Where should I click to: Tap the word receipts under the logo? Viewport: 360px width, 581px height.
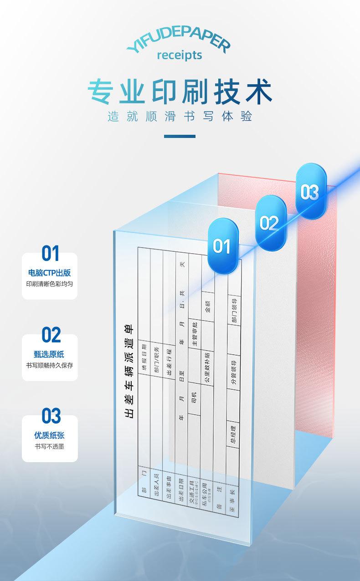click(179, 56)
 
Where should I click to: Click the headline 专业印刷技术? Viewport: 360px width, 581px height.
click(180, 92)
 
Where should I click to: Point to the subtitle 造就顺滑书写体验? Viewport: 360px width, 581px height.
click(180, 117)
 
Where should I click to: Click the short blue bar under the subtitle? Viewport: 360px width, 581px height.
click(180, 136)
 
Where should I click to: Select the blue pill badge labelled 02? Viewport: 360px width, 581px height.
click(269, 223)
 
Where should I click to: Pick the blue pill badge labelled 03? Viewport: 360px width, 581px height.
click(310, 193)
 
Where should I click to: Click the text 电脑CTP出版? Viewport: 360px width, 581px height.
click(50, 273)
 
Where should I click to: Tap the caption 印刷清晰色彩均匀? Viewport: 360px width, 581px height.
click(50, 284)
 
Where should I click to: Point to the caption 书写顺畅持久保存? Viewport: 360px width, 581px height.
click(50, 365)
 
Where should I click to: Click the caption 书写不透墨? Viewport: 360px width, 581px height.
click(50, 446)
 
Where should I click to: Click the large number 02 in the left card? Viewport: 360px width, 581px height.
click(51, 335)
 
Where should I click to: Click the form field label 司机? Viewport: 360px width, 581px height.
click(194, 398)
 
